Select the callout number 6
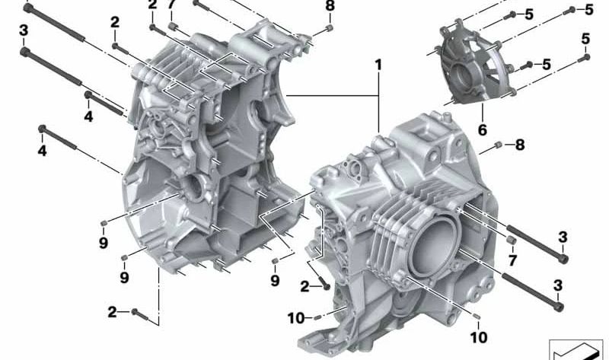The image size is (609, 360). (482, 130)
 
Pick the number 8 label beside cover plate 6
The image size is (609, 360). (520, 144)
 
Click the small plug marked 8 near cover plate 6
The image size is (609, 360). (496, 144)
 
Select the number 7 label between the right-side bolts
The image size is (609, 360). (513, 261)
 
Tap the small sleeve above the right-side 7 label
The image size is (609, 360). (512, 243)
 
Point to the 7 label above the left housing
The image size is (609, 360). (172, 6)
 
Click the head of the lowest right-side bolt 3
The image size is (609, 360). (560, 307)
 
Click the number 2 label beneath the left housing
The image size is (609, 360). (112, 311)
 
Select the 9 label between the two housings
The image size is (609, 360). (275, 280)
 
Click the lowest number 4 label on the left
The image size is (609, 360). (43, 151)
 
